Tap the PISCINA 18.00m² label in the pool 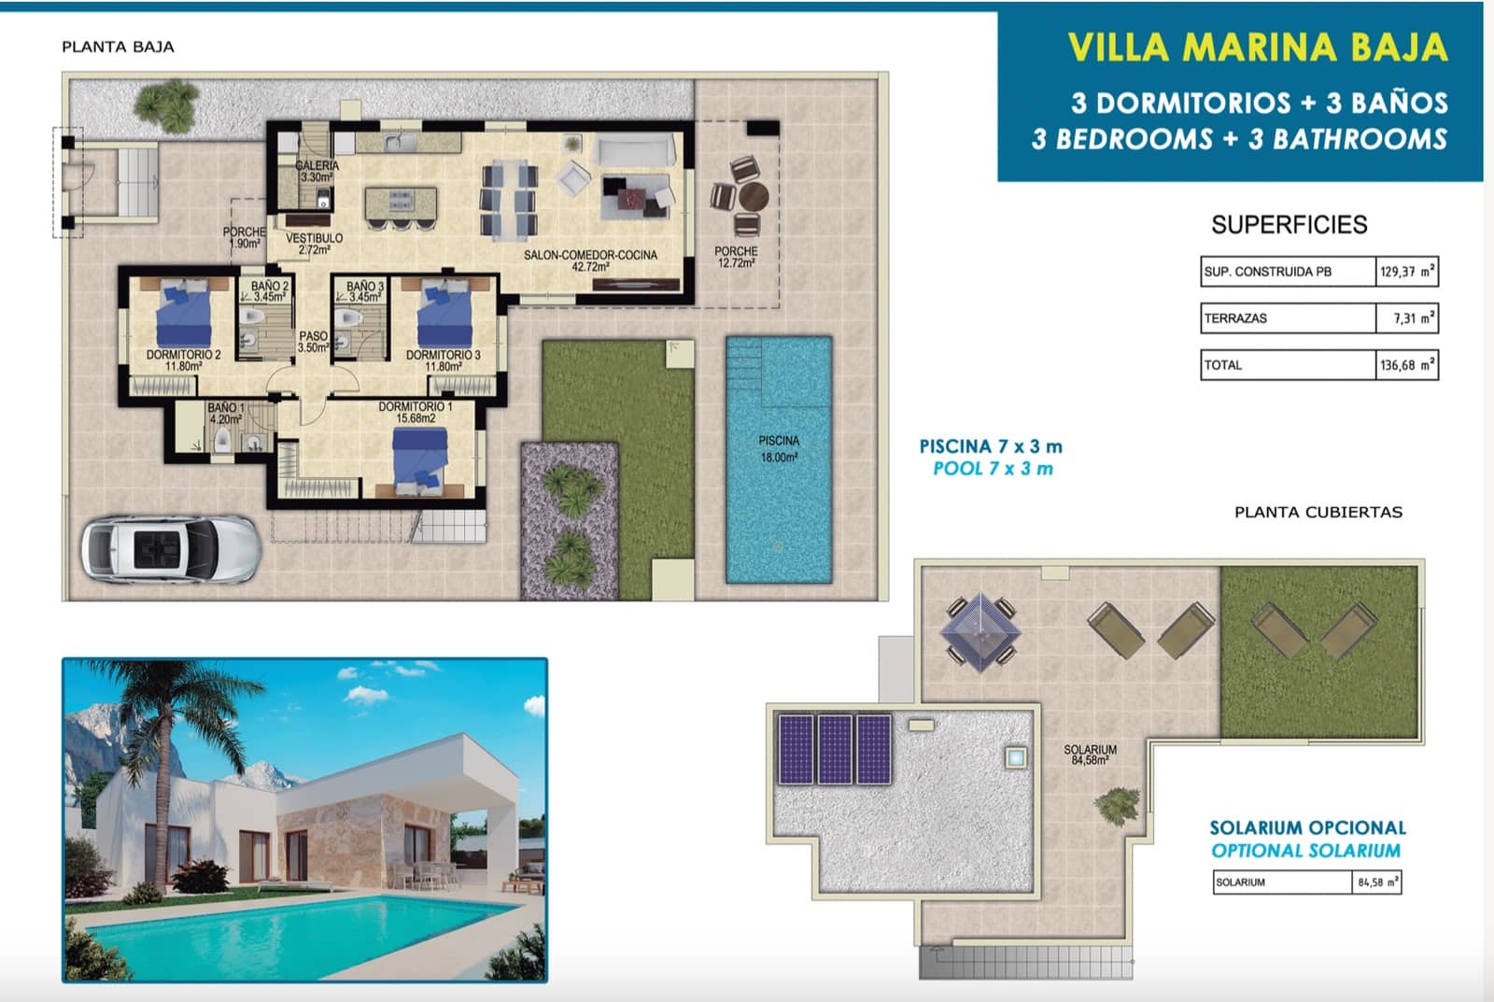pyautogui.click(x=779, y=448)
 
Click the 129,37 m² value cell pyautogui.click(x=1406, y=272)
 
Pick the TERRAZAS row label pyautogui.click(x=1235, y=318)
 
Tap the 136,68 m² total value pyautogui.click(x=1406, y=365)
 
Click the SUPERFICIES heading pyautogui.click(x=1289, y=224)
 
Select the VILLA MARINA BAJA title pyautogui.click(x=1257, y=47)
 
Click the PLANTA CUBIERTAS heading pyautogui.click(x=1318, y=512)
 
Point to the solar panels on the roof pyautogui.click(x=835, y=749)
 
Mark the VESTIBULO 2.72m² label pyautogui.click(x=314, y=244)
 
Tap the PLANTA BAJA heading pyautogui.click(x=118, y=47)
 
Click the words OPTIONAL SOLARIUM pyautogui.click(x=1305, y=851)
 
